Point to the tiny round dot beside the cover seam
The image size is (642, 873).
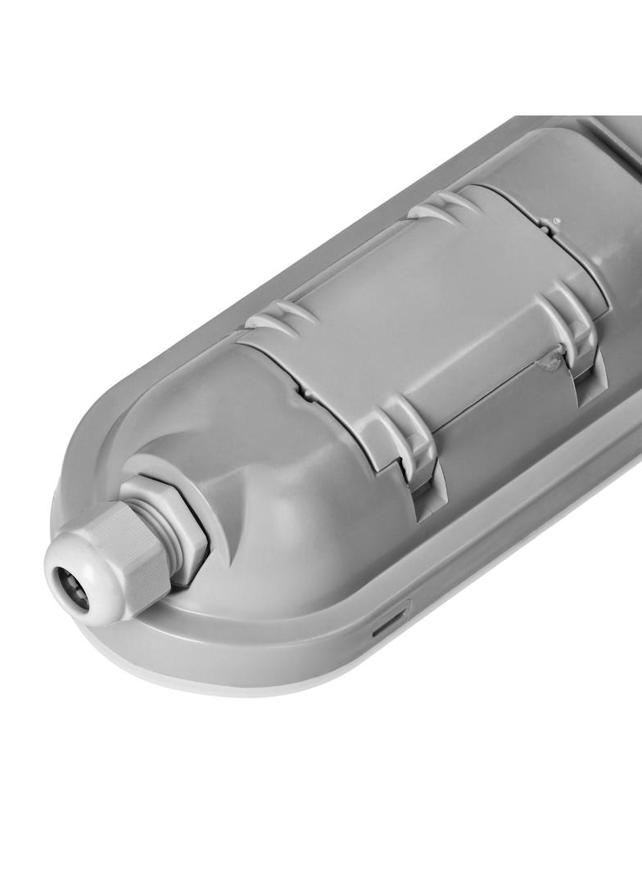557,220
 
